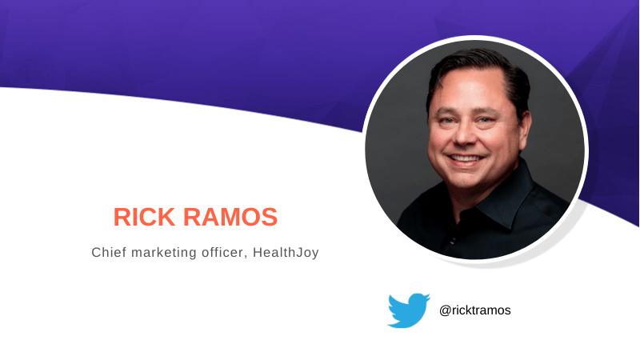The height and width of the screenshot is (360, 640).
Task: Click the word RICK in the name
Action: tap(144, 217)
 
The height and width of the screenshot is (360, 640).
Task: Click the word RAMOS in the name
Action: tap(230, 217)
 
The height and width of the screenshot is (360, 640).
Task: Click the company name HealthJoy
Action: tap(286, 253)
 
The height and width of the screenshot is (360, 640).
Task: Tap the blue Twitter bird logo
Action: tap(409, 310)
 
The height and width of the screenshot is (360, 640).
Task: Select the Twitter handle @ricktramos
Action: tap(474, 310)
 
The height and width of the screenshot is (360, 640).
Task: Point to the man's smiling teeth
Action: tap(466, 158)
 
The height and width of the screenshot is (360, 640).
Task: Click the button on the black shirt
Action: tap(452, 241)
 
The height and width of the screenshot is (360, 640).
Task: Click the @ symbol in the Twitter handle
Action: tap(445, 310)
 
